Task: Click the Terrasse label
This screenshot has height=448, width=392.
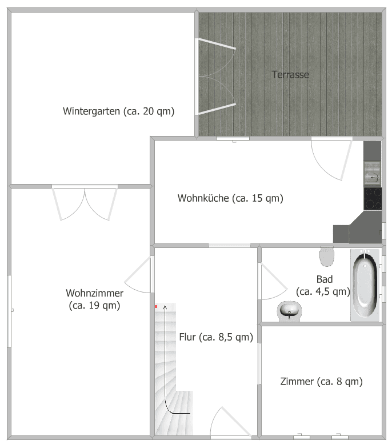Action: tap(290, 74)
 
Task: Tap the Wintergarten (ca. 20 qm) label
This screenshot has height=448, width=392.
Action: tap(118, 111)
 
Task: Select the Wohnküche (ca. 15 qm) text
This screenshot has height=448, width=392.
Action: tap(230, 198)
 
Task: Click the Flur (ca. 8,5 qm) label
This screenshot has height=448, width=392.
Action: tap(215, 337)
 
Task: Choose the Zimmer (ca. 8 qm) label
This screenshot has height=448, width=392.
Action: tap(321, 381)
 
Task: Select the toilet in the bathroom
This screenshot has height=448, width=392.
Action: tap(327, 256)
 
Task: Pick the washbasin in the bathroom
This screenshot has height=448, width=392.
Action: tap(290, 311)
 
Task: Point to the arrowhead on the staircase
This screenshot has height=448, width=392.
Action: tap(166, 308)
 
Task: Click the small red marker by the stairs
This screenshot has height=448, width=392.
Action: tap(156, 307)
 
